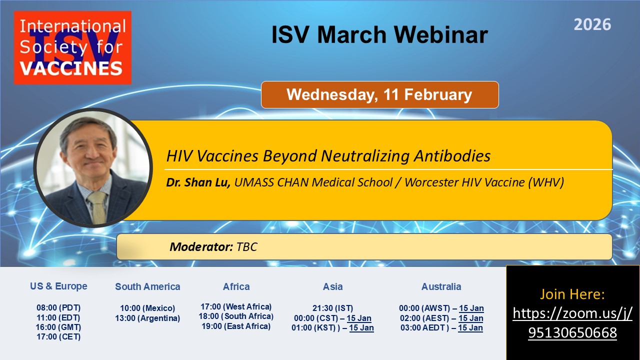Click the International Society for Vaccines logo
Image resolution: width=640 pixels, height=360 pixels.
pos(72,47)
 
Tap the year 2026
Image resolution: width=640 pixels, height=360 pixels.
pos(592,24)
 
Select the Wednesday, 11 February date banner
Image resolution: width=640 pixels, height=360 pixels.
pos(379,94)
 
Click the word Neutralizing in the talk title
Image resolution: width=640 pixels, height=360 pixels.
pos(365,156)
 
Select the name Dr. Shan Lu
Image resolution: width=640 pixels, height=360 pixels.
pos(198,182)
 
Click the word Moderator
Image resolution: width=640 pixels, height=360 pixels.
pos(201,247)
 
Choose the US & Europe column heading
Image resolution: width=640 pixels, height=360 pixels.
pos(58,286)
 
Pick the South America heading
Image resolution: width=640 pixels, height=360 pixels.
pos(147,286)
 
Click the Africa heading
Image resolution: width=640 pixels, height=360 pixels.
pos(236,286)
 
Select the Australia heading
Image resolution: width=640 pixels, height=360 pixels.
pos(441,286)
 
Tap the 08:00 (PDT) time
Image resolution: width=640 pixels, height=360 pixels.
pos(58,307)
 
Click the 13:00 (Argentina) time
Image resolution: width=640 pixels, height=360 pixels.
pos(147,318)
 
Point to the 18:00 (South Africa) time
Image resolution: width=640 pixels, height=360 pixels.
pos(236,316)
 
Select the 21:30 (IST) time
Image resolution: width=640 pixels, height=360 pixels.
pos(332,308)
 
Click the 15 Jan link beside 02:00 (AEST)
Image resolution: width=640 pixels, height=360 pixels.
pos(471,318)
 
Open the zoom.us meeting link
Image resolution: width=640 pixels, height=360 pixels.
pos(572,323)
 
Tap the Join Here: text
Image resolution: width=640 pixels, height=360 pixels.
pos(572,294)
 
